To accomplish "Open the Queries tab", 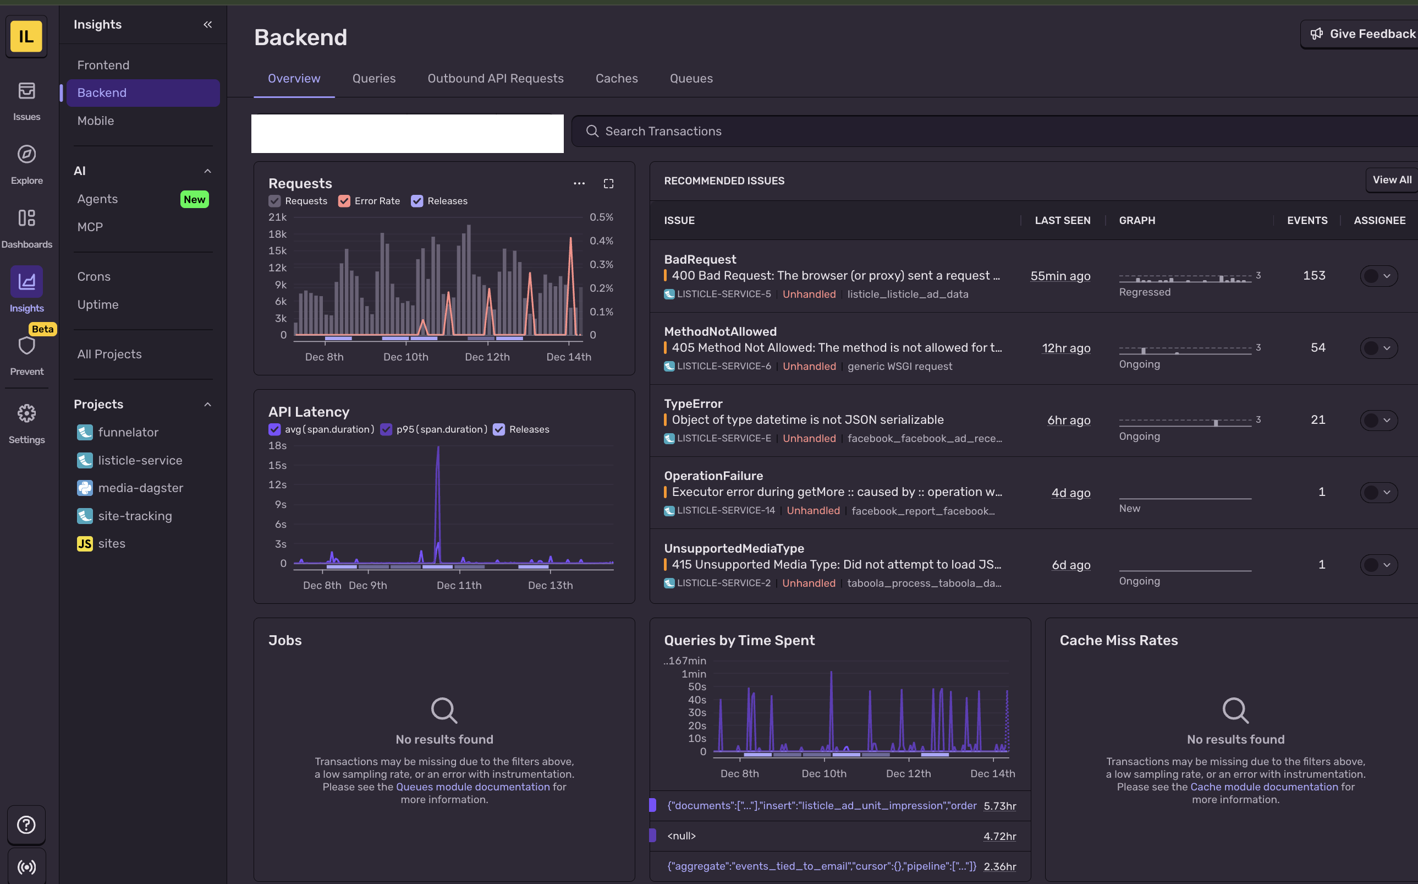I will pyautogui.click(x=374, y=78).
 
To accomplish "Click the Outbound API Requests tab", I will pyautogui.click(x=495, y=78).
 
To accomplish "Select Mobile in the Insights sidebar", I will pyautogui.click(x=95, y=121).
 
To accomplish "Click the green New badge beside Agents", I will pyautogui.click(x=194, y=199).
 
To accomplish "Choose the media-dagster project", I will pyautogui.click(x=140, y=488).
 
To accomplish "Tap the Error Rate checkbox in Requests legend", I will pyautogui.click(x=344, y=201).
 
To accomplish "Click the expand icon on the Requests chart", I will pyautogui.click(x=608, y=184).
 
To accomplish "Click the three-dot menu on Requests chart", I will pyautogui.click(x=579, y=184).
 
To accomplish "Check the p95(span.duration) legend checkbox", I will pyautogui.click(x=386, y=429).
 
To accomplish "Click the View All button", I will pyautogui.click(x=1391, y=180).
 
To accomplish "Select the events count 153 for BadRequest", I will pyautogui.click(x=1313, y=275).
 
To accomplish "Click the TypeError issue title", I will pyautogui.click(x=693, y=403).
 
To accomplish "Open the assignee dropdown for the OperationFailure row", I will pyautogui.click(x=1378, y=492).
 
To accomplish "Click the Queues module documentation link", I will pyautogui.click(x=472, y=787).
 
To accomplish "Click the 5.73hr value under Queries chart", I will pyautogui.click(x=999, y=806).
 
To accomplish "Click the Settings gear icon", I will pyautogui.click(x=26, y=414).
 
